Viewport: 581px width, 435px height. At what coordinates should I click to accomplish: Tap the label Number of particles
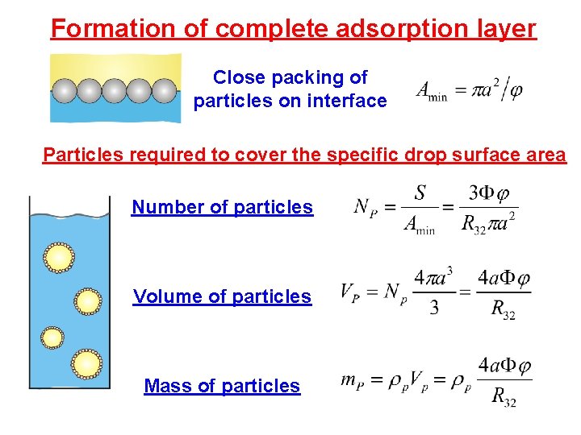tap(222, 207)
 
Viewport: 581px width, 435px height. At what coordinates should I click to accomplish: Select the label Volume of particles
tap(222, 296)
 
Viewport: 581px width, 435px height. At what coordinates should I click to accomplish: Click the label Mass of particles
tap(222, 386)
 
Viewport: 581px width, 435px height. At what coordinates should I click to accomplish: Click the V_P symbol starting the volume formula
tap(349, 291)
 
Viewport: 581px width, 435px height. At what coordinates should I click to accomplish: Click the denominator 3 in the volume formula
tap(434, 309)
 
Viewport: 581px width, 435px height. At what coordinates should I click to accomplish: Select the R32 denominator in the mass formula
tap(504, 396)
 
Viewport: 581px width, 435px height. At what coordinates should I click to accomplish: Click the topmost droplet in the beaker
tap(59, 258)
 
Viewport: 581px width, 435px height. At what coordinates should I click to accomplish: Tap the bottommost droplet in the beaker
tap(86, 363)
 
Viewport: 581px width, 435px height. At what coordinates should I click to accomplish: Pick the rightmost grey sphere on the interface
tap(164, 90)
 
